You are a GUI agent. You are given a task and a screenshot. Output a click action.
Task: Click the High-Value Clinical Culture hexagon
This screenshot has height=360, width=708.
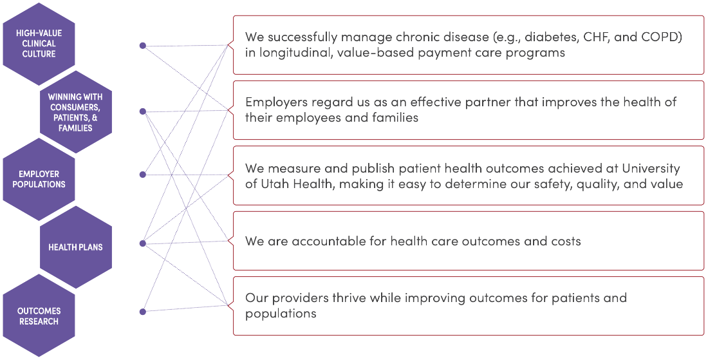click(x=39, y=44)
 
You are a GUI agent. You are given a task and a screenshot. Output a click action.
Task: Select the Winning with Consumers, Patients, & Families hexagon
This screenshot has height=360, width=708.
click(x=76, y=112)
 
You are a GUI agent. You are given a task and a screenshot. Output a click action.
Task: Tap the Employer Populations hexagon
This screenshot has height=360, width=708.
click(x=39, y=179)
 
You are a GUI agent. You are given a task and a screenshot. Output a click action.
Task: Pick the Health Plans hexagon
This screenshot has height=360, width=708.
click(x=76, y=247)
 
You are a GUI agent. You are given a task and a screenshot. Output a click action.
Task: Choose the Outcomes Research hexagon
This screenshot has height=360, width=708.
click(x=39, y=316)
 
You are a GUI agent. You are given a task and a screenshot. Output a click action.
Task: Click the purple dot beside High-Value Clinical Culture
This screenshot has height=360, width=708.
click(x=143, y=45)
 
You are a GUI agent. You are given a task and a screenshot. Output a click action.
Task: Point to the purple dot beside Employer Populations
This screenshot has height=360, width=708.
click(x=143, y=175)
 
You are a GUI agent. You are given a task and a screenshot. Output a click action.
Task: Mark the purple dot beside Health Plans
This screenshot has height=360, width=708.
click(x=143, y=243)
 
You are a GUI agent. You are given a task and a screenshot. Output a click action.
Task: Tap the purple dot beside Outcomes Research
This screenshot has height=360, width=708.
click(x=143, y=312)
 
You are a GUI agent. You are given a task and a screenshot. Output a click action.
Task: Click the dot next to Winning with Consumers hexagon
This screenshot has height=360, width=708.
click(x=143, y=111)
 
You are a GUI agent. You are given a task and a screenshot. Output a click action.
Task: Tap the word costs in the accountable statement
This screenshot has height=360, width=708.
click(x=564, y=242)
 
